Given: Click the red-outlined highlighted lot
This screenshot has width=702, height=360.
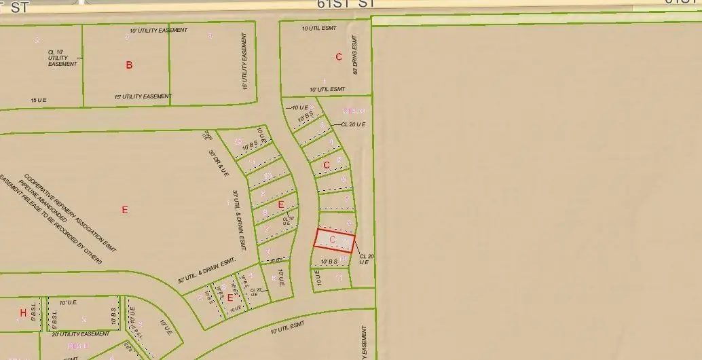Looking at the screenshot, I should click(x=334, y=240).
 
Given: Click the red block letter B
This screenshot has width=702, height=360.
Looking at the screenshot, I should click(x=129, y=65).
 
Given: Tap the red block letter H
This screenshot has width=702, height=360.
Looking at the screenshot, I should click(x=23, y=313).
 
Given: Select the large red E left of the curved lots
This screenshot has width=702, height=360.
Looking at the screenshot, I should click(x=124, y=210).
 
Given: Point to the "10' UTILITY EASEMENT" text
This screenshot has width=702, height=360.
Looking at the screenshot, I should click(x=159, y=31).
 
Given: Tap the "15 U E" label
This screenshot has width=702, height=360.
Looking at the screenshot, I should click(x=39, y=101).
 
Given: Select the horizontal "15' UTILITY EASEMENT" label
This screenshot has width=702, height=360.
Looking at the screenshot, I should click(x=143, y=96).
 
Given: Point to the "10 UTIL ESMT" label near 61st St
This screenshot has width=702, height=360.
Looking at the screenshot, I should click(x=318, y=29).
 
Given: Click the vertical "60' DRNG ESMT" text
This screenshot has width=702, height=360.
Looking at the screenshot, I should click(x=354, y=55).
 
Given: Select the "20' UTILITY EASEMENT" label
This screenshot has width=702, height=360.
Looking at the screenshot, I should click(x=80, y=334).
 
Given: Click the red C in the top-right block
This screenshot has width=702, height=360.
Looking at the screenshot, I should click(x=339, y=57).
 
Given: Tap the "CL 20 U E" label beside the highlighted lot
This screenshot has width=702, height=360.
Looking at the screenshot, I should click(x=363, y=259).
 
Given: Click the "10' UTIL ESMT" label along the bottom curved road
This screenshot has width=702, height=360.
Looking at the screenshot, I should click(x=288, y=329).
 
